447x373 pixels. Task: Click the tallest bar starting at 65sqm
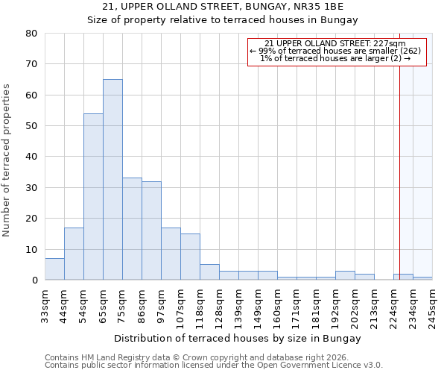tap(112, 179)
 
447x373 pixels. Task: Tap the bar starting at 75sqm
tap(132, 228)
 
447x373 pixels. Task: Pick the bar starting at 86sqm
tap(151, 231)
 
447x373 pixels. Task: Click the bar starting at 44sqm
tap(74, 254)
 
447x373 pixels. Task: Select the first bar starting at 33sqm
tap(54, 269)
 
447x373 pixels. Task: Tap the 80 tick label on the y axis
tap(31, 34)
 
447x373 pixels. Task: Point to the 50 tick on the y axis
tap(31, 126)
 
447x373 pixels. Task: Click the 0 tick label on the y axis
tap(34, 280)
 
